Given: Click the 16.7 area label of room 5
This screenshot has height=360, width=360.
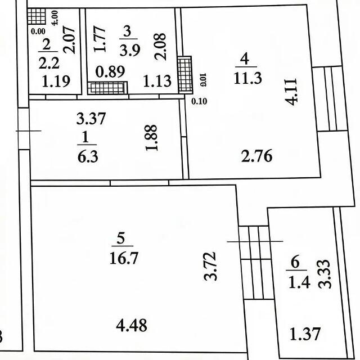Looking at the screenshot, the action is [124, 258].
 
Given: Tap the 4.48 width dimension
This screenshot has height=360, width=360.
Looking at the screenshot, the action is [132, 325].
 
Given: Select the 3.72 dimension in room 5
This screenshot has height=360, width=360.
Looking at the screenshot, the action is [210, 266].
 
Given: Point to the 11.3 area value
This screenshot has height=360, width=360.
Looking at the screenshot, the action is [247, 78].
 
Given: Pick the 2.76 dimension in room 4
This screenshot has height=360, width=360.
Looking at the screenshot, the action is [257, 156].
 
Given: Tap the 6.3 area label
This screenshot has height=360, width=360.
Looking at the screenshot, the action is [88, 157].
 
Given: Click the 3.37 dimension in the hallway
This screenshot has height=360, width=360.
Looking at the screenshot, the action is [91, 119].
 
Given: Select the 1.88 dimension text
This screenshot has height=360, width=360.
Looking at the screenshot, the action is [151, 138].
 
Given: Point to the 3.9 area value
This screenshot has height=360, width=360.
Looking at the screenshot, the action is [130, 50].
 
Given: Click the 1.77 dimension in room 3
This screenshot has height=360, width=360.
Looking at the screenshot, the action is [100, 39].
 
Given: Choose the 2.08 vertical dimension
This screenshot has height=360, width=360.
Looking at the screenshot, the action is [160, 47].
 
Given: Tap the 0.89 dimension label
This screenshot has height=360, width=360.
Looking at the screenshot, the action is [110, 71].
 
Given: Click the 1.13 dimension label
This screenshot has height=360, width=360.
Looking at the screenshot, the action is [157, 81].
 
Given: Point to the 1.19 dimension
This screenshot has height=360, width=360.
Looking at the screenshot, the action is [56, 81].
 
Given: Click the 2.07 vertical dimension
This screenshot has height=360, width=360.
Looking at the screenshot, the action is [69, 39].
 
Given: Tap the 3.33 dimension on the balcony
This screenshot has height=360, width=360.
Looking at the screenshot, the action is [325, 274].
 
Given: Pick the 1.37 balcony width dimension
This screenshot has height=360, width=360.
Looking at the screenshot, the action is [305, 334].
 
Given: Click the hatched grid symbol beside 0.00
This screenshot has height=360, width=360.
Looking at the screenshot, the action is [37, 16].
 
